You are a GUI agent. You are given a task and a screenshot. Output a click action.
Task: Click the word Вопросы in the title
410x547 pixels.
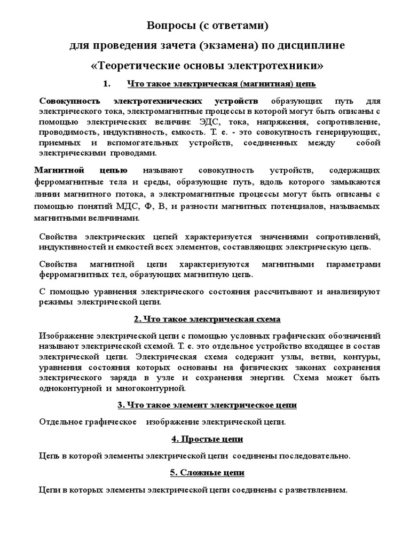168,26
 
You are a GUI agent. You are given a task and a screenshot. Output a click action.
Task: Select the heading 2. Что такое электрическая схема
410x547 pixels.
207,319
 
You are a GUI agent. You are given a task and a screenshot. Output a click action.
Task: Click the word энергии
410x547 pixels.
314,378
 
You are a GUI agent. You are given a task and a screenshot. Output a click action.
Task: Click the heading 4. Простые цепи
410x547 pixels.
207,439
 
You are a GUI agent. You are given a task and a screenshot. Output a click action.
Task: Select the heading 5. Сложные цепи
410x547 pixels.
207,473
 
